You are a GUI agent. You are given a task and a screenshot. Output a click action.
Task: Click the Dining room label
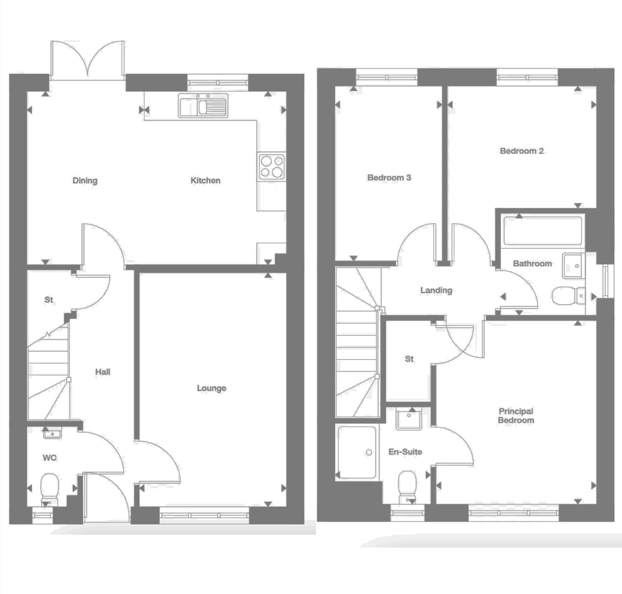point(85,181)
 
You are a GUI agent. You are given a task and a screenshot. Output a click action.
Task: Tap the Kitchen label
point(205,181)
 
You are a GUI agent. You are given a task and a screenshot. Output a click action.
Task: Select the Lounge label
point(211,388)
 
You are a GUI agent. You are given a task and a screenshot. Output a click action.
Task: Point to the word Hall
point(102,372)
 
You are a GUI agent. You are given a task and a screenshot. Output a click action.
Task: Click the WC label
point(50,458)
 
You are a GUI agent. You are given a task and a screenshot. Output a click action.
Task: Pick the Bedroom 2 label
point(522,151)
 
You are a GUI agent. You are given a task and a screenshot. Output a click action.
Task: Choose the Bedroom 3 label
point(389,178)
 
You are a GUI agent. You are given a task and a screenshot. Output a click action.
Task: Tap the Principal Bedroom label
point(516,416)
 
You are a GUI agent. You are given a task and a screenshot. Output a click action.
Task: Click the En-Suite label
point(405,452)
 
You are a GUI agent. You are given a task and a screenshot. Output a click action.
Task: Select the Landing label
point(436,290)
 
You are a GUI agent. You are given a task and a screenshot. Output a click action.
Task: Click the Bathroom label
point(532,263)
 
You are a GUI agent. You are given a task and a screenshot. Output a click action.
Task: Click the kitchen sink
point(203,106)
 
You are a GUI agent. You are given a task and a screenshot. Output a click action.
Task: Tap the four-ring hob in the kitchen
point(272,166)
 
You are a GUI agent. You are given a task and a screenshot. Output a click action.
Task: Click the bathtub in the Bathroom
point(543,230)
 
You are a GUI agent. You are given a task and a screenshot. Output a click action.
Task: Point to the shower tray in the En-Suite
point(358,452)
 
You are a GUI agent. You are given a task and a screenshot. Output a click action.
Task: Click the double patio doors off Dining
point(87,59)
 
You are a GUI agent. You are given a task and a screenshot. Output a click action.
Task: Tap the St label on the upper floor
point(409,359)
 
